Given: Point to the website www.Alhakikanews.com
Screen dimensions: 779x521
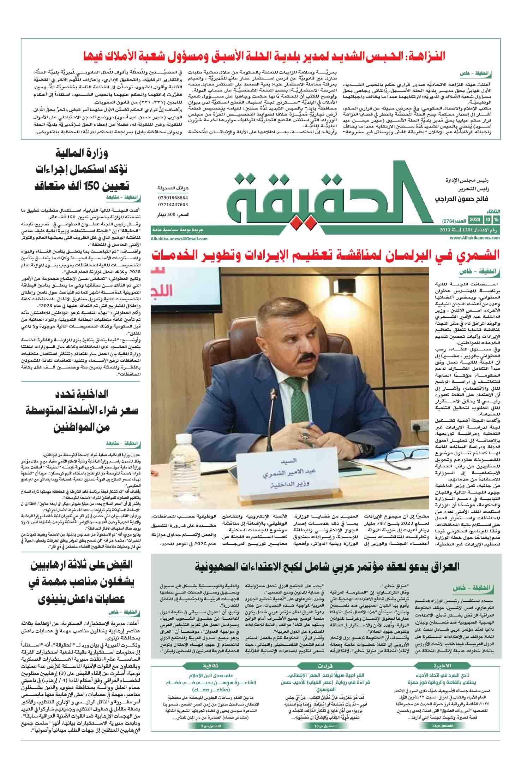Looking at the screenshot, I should pyautogui.click(x=475, y=238).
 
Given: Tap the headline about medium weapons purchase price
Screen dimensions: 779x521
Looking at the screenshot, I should pyautogui.click(x=83, y=411).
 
